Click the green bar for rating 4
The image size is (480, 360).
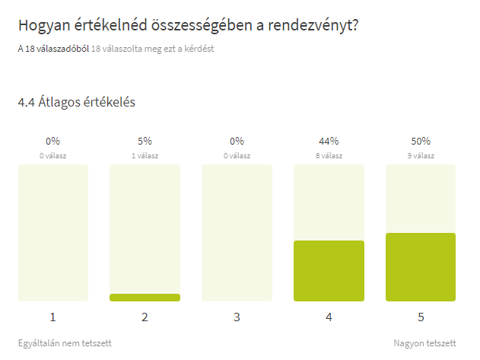(x=329, y=271)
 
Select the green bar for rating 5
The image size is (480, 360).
(x=421, y=267)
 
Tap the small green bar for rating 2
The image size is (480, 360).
(x=145, y=298)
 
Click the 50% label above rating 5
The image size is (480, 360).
(x=421, y=141)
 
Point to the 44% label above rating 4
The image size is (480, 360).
(x=329, y=141)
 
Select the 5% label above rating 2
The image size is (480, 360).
(x=145, y=141)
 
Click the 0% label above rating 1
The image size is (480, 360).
(x=52, y=141)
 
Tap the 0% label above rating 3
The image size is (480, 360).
(x=237, y=141)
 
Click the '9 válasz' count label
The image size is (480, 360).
(x=421, y=156)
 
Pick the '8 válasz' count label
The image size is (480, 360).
(x=329, y=156)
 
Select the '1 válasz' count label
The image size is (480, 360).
(x=145, y=156)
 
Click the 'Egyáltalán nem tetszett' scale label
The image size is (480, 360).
(x=65, y=343)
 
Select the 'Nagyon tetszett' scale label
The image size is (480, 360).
(x=424, y=343)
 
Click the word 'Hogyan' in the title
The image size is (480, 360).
(x=44, y=26)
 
